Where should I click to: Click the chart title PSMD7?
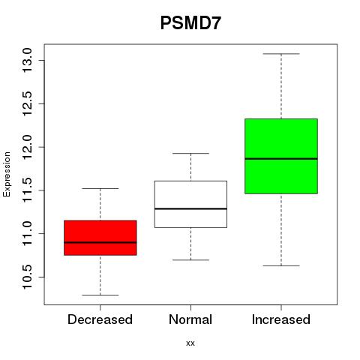pos(190,23)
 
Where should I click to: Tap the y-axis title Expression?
pos(7,174)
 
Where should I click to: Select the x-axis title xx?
pos(190,343)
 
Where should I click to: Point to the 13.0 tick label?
pos(27,60)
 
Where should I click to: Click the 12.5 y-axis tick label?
pos(27,103)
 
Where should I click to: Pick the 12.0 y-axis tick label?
pos(27,147)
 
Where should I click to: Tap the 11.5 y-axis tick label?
pos(27,190)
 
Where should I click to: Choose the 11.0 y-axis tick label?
pos(27,233)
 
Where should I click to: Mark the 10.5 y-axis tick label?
pos(27,277)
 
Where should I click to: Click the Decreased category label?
pos(100,319)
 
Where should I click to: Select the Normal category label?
pos(190,319)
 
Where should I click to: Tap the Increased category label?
pos(281,319)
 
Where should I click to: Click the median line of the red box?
pos(100,242)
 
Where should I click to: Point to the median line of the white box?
pos(190,208)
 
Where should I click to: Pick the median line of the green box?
pos(281,159)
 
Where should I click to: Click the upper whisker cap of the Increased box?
pos(281,54)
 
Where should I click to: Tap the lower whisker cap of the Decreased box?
pos(100,295)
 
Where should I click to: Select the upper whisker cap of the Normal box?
pos(190,153)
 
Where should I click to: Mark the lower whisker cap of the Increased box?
pos(281,265)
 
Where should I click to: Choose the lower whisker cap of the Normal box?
pos(190,260)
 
